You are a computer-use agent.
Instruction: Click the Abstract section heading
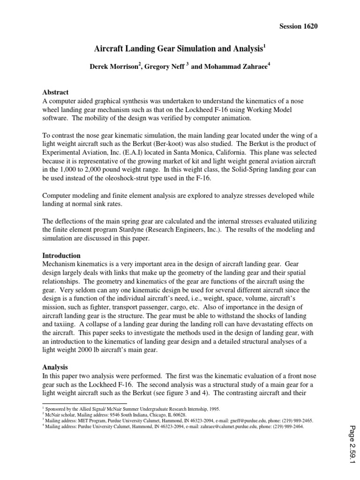[55, 92]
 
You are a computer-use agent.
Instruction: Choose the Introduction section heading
[61, 255]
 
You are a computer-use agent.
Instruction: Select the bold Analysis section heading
[55, 367]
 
